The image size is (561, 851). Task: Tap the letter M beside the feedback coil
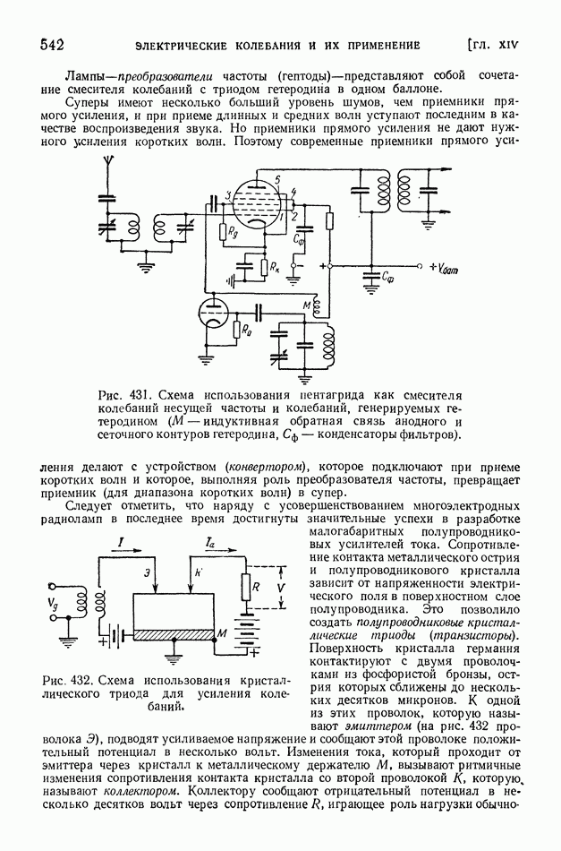[306, 306]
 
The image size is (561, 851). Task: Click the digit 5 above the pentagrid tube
[277, 180]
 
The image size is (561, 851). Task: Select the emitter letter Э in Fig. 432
[146, 573]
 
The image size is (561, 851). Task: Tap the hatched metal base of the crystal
[174, 633]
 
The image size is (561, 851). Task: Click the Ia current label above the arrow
[208, 543]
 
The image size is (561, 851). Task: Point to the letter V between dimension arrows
[280, 589]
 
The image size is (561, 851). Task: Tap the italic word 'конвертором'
[267, 467]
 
